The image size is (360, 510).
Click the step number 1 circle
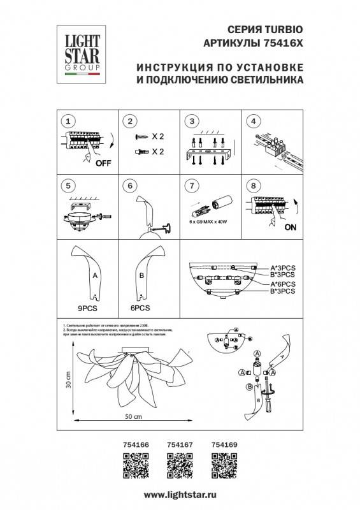pyautogui.click(x=69, y=121)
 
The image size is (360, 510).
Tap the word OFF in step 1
pyautogui.click(x=102, y=163)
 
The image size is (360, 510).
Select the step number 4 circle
pyautogui.click(x=253, y=121)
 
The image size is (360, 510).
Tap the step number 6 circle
pyautogui.click(x=130, y=186)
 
